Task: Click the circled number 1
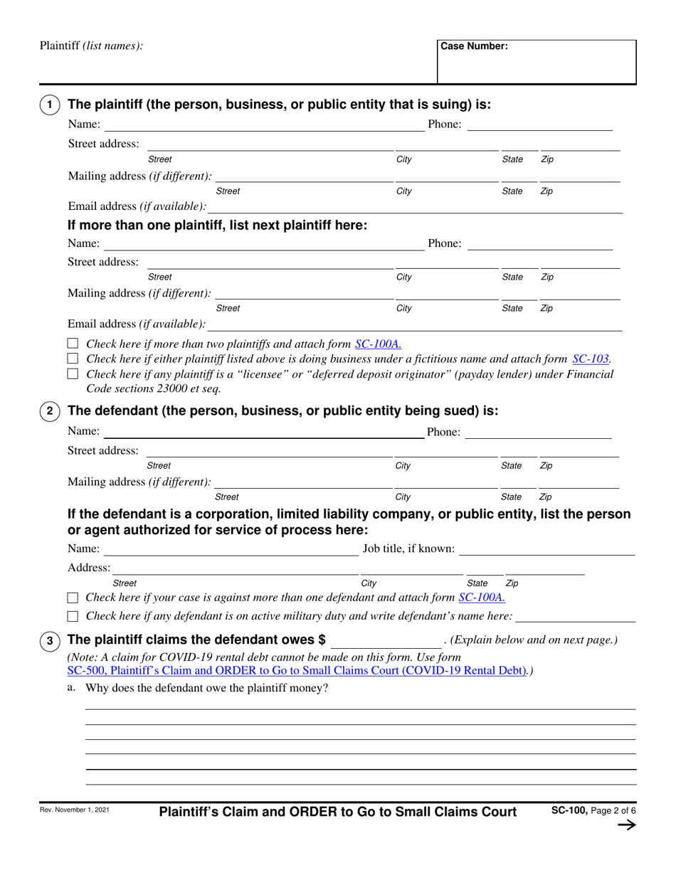(x=49, y=105)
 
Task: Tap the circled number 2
(x=49, y=410)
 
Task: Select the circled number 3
(x=49, y=641)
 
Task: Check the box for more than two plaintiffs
(x=72, y=345)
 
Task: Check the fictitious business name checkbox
(x=72, y=359)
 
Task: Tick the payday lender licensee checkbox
(x=72, y=374)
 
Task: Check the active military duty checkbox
(x=72, y=615)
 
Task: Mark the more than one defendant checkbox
(x=72, y=598)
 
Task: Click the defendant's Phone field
(x=539, y=432)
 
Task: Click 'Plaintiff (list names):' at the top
(x=91, y=46)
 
